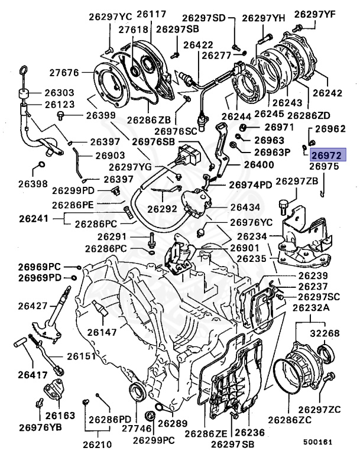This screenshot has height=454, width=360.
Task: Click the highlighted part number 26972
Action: pos(327,155)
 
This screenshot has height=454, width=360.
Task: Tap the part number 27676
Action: pos(64,73)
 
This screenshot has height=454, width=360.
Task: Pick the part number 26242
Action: pos(327,93)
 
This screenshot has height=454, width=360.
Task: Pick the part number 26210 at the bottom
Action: pos(98,443)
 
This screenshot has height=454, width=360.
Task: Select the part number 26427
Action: pos(32,306)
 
